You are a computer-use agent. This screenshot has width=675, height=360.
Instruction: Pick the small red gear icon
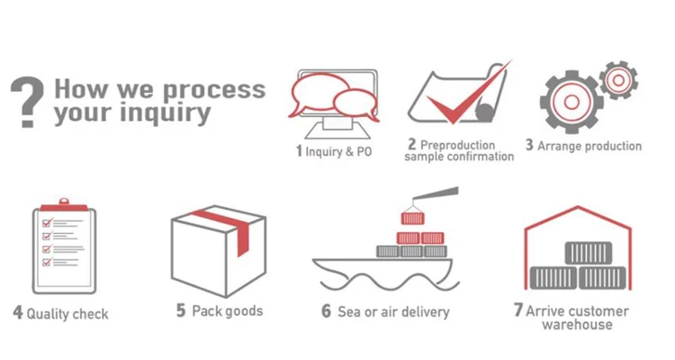click(x=617, y=80)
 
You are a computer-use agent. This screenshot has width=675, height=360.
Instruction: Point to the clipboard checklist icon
click(x=63, y=245)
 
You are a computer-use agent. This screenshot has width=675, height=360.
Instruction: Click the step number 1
click(x=299, y=151)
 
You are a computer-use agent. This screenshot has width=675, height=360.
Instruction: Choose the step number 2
click(x=411, y=144)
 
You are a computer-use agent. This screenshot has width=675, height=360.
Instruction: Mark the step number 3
click(x=529, y=145)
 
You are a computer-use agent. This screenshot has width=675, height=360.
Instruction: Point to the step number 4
click(x=17, y=313)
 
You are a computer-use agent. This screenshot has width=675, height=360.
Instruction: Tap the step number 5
click(x=181, y=310)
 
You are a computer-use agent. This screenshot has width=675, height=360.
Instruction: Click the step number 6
click(x=327, y=311)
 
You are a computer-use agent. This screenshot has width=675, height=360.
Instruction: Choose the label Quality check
click(x=67, y=314)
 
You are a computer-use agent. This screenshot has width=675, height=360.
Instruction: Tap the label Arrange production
click(x=589, y=146)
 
